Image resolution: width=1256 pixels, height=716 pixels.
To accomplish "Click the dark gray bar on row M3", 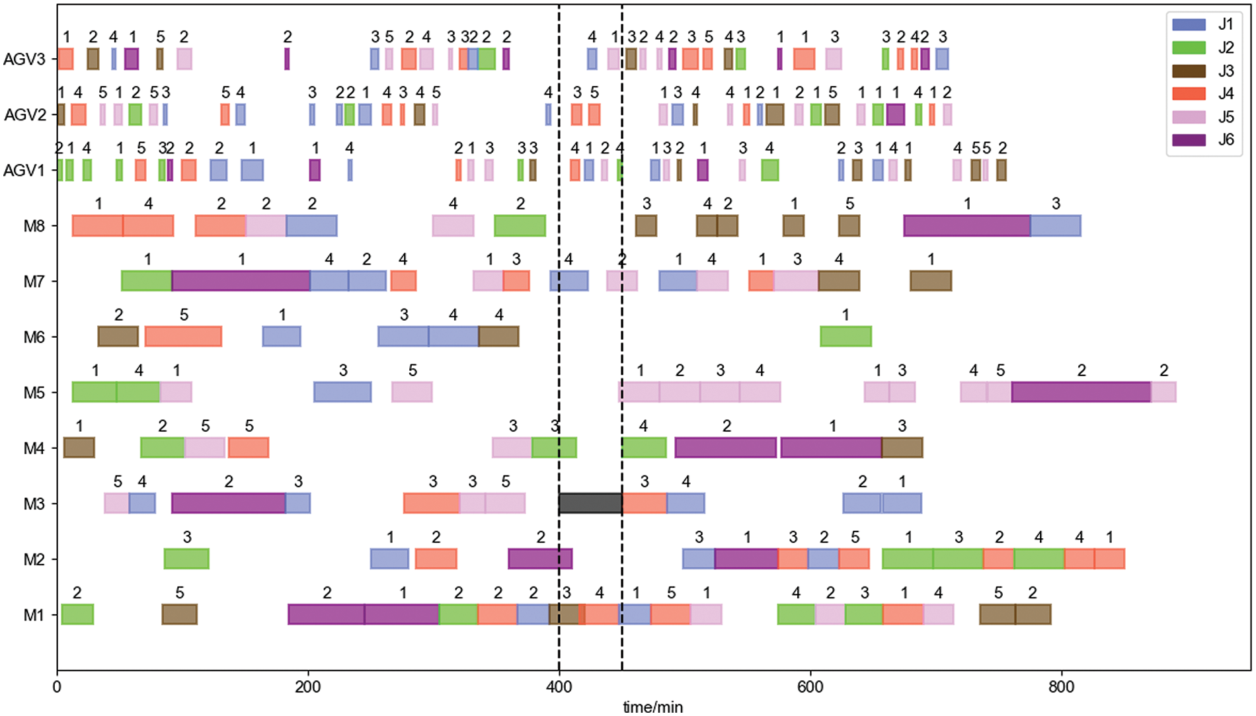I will pyautogui.click(x=590, y=503).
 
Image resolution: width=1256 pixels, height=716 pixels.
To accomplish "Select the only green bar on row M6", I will pyautogui.click(x=845, y=337).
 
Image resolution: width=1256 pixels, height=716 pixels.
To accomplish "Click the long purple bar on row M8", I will pyautogui.click(x=966, y=225).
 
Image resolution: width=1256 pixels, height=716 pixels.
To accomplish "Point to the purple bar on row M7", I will pyautogui.click(x=241, y=281).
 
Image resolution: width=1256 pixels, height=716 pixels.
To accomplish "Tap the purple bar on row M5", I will pyautogui.click(x=1081, y=392).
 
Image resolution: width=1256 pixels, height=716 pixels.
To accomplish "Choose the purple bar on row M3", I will pyautogui.click(x=228, y=503).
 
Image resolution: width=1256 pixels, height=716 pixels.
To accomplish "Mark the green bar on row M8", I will pyautogui.click(x=520, y=225).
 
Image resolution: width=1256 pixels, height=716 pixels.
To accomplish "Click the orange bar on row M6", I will pyautogui.click(x=183, y=337).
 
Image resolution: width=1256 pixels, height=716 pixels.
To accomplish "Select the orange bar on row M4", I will pyautogui.click(x=249, y=448).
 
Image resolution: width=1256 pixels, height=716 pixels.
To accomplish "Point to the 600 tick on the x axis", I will pyautogui.click(x=810, y=688).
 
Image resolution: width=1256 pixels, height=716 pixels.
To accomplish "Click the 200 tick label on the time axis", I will pyautogui.click(x=308, y=688).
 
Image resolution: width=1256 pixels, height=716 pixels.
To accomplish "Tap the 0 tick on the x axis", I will pyautogui.click(x=58, y=688).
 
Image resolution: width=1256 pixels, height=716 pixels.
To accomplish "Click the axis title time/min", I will pyautogui.click(x=653, y=707).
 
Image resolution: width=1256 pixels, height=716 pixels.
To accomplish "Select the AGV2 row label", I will pyautogui.click(x=25, y=115).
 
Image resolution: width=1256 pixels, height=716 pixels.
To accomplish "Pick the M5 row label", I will pyautogui.click(x=34, y=393).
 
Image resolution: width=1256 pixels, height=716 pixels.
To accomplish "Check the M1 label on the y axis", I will pyautogui.click(x=34, y=615).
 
